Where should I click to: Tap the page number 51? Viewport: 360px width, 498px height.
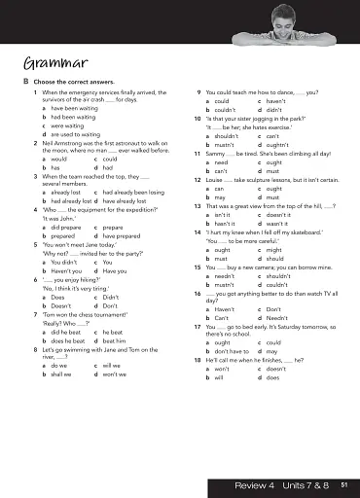pos(331,483)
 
